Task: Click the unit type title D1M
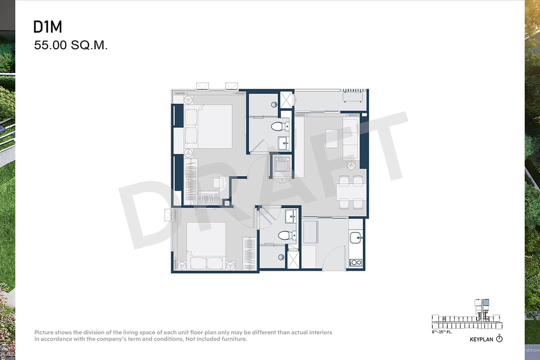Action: [x=48, y=27]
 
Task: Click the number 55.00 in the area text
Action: [x=50, y=45]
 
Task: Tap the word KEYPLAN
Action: [x=481, y=339]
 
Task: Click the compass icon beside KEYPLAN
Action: [x=499, y=338]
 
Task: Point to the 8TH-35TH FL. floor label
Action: [x=441, y=332]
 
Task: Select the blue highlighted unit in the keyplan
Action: [x=486, y=302]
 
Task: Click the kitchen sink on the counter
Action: [x=355, y=238]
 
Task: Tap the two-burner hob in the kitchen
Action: [x=356, y=262]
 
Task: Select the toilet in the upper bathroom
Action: [x=280, y=126]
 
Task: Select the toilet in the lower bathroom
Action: [x=287, y=235]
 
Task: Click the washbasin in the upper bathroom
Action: [x=283, y=143]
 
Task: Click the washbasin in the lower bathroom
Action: [x=291, y=216]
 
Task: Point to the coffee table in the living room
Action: [x=332, y=139]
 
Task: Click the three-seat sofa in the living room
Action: [x=350, y=139]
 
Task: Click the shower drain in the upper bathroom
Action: [x=274, y=104]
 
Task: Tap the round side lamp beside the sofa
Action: [x=351, y=166]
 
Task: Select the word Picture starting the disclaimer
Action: [x=44, y=332]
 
